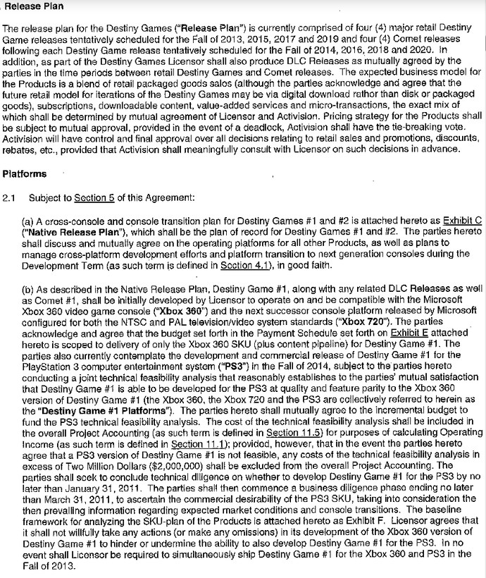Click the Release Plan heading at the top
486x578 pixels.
point(34,7)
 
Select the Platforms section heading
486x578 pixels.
point(25,173)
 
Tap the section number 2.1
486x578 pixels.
point(9,199)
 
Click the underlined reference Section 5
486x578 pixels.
point(90,199)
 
